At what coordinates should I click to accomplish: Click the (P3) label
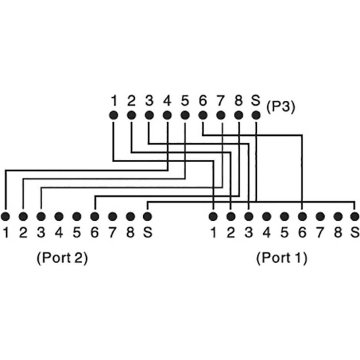[280, 108]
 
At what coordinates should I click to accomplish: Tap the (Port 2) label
[62, 258]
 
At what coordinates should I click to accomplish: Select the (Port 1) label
[281, 258]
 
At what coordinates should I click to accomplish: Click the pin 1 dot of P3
[113, 116]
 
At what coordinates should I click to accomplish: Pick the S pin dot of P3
[256, 116]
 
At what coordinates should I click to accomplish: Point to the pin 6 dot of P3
[203, 116]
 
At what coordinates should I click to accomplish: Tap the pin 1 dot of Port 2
[5, 216]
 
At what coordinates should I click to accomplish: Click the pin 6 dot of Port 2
[95, 216]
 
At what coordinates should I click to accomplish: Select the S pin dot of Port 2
[147, 216]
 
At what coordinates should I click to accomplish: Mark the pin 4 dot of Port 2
[59, 216]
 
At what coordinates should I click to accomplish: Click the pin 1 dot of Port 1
[213, 216]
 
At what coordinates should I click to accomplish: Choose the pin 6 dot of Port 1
[302, 216]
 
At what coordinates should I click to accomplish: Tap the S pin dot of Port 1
[355, 216]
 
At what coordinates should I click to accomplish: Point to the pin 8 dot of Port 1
[338, 216]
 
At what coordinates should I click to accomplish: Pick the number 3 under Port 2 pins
[41, 233]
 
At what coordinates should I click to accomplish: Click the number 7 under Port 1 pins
[320, 233]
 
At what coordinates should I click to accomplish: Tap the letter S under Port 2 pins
[147, 233]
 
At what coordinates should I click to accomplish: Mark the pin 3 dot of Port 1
[248, 216]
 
